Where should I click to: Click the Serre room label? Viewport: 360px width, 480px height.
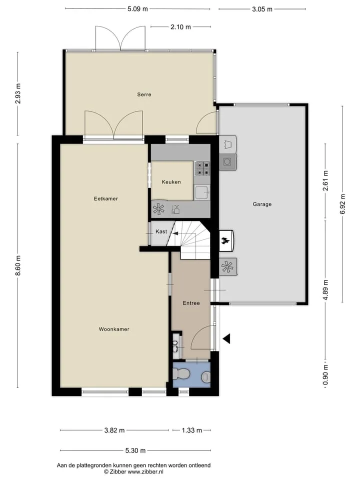coord(144,94)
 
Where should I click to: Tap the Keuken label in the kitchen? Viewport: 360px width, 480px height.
coord(171,182)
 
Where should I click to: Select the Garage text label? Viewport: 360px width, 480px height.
coord(262,204)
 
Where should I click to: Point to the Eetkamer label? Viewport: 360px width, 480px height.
coord(106,198)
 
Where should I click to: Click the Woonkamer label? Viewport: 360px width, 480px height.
coord(114,329)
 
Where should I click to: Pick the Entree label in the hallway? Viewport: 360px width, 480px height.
coord(191,303)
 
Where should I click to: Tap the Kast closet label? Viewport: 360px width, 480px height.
coord(161,231)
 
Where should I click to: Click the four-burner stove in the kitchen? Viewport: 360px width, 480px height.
coord(202,168)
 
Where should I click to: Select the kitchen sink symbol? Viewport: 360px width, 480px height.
coord(202,192)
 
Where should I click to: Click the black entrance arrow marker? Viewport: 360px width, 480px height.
coord(226,338)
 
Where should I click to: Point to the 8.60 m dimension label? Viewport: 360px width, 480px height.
coord(18,265)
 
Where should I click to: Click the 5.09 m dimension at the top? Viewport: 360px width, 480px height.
coord(138,9)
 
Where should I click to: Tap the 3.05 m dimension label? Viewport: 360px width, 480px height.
coord(262,9)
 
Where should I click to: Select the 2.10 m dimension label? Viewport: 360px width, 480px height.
coord(180,27)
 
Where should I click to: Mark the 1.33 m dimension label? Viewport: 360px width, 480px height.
coord(192,430)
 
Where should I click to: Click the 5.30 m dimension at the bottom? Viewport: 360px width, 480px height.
coord(135,450)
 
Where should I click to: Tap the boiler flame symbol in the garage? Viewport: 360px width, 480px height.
coord(226,241)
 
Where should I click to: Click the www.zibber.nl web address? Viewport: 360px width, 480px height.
coord(145,472)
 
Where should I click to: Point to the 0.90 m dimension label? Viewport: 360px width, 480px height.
coord(325,375)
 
